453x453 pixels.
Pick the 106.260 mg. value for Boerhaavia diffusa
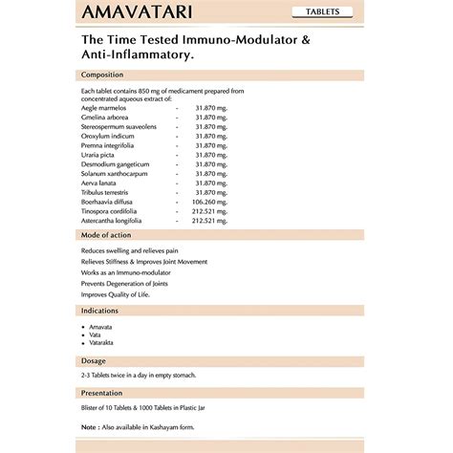pos(210,203)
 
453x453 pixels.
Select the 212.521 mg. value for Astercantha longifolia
pos(210,221)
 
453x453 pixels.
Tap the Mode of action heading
pos(106,235)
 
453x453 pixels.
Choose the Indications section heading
pos(99,311)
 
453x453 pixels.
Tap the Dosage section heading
pos(95,361)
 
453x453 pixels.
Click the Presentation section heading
pos(102,393)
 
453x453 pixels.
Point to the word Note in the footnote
pos(89,426)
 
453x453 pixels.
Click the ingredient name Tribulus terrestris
pos(107,193)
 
